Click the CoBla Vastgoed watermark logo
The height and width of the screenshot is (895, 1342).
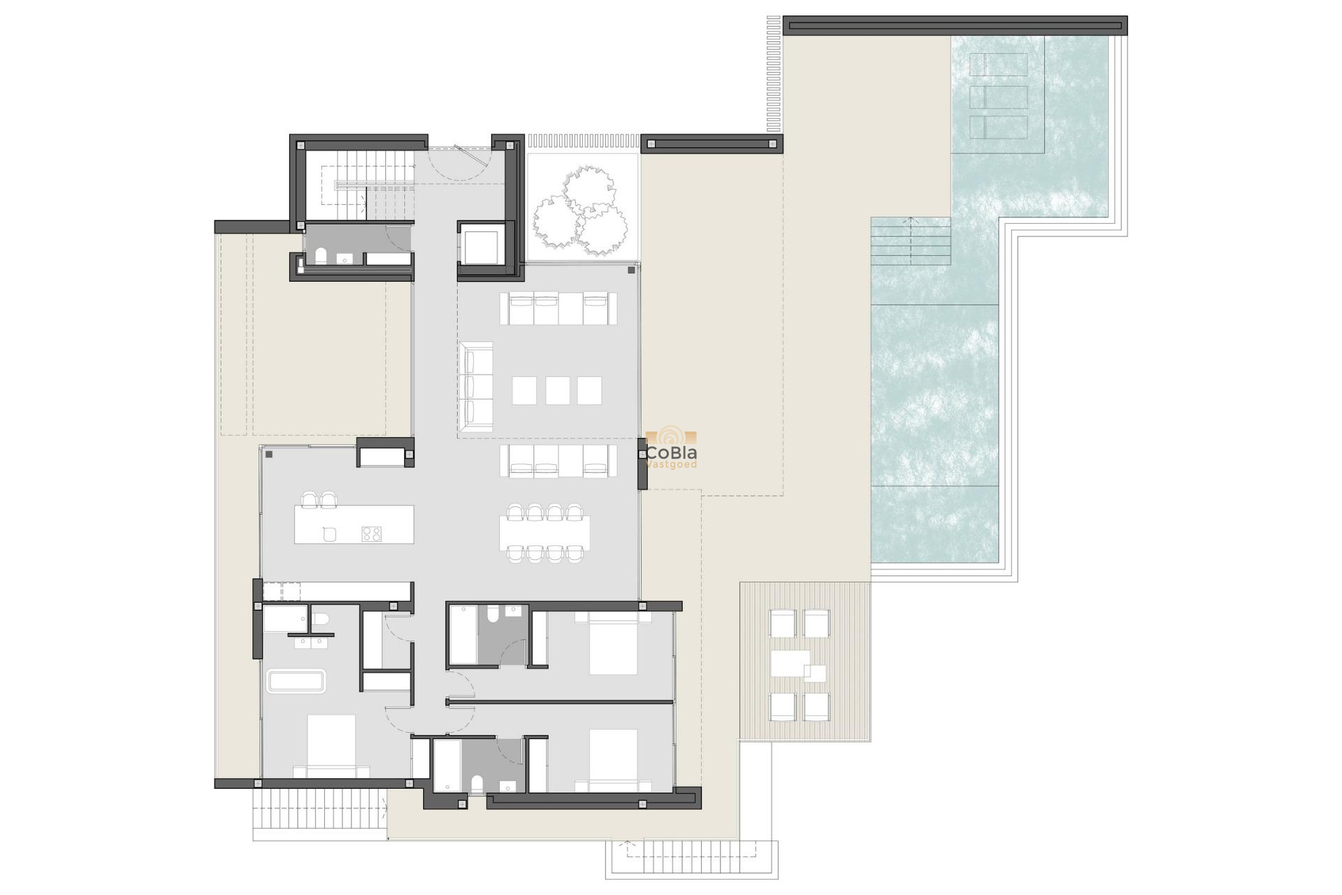point(671,449)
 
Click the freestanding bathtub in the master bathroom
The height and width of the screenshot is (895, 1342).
point(296,681)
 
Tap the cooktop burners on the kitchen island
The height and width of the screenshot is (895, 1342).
point(372,534)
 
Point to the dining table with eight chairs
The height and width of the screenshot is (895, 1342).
point(544,533)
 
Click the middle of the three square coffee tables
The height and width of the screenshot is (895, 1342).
point(557,391)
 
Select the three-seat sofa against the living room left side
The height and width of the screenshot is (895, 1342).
point(476,387)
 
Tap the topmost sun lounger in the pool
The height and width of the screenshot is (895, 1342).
point(999,65)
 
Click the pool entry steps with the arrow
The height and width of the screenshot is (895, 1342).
point(910,241)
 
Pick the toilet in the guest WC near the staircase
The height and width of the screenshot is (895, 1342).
point(321,256)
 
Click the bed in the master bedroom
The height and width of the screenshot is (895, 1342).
point(331,745)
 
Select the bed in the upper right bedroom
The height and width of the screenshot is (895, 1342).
point(613,644)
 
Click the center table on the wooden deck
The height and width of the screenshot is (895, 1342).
point(791,664)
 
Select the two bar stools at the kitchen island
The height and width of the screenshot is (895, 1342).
point(319,499)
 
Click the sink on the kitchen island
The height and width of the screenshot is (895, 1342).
point(330,534)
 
